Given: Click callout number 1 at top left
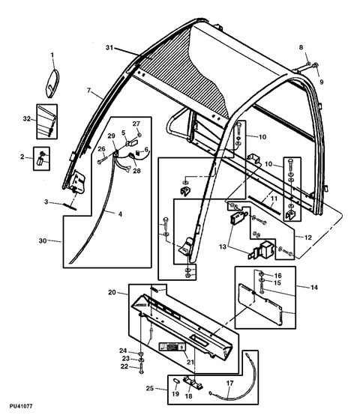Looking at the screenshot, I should (x=53, y=55).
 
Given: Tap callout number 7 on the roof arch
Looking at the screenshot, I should (x=89, y=93).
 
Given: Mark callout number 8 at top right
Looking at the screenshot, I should (x=301, y=49).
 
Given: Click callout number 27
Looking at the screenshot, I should (x=136, y=124).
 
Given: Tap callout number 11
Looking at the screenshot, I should (x=274, y=199).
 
